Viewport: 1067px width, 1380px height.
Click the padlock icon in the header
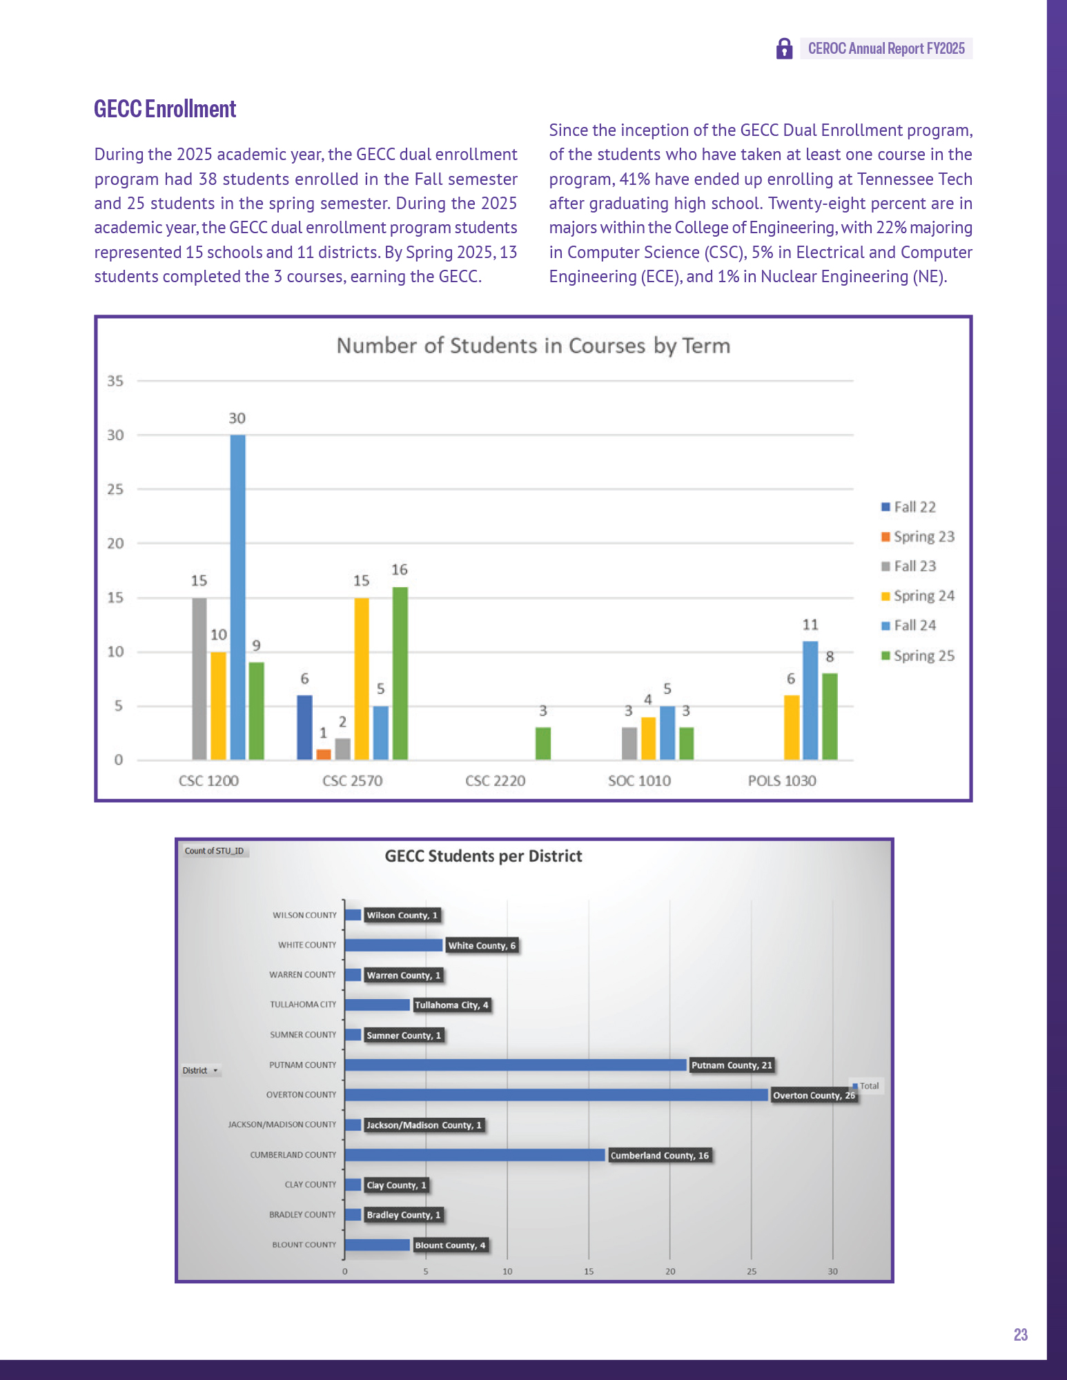pyautogui.click(x=784, y=48)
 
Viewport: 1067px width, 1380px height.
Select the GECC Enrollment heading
pyautogui.click(x=165, y=109)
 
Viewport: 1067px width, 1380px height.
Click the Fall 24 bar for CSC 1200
pyautogui.click(x=237, y=597)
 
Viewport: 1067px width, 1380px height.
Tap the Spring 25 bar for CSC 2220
pyautogui.click(x=543, y=743)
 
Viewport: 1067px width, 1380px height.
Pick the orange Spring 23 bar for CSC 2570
pyautogui.click(x=324, y=754)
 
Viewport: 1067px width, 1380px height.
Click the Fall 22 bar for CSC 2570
pyautogui.click(x=304, y=727)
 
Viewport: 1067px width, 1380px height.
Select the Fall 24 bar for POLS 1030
pyautogui.click(x=810, y=700)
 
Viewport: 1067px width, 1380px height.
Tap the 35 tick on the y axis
pyautogui.click(x=115, y=381)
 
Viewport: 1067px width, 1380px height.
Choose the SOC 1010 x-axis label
pyautogui.click(x=639, y=780)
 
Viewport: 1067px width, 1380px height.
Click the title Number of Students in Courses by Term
pyautogui.click(x=533, y=346)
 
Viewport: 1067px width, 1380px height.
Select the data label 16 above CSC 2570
pyautogui.click(x=400, y=570)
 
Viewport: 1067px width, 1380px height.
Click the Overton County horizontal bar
pyautogui.click(x=556, y=1095)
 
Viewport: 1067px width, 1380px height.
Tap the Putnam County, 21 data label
pyautogui.click(x=732, y=1065)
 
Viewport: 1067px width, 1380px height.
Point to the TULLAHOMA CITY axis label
pyautogui.click(x=303, y=1005)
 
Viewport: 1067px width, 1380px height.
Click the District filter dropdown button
pyautogui.click(x=215, y=1071)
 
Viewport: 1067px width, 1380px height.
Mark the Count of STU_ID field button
pyautogui.click(x=214, y=851)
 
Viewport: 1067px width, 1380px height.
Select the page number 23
pyautogui.click(x=1021, y=1334)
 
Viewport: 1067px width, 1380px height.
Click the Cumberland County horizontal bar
pyautogui.click(x=475, y=1155)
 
